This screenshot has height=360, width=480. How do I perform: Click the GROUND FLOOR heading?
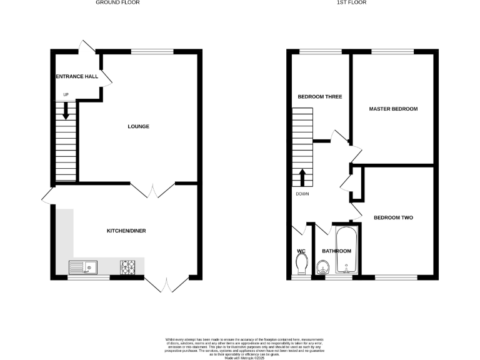pos(117,2)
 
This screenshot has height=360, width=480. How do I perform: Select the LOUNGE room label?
pos(138,127)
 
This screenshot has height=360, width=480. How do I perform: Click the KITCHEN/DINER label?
pos(126,231)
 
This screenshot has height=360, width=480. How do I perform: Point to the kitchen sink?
pos(82,268)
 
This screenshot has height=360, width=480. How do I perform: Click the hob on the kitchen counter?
pos(129,268)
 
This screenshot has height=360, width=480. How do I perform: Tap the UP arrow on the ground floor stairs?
pos(66,113)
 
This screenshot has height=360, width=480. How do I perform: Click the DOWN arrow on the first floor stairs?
pos(303,177)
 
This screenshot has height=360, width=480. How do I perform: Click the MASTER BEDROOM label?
pos(392,109)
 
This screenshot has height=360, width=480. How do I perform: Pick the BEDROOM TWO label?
pos(393,218)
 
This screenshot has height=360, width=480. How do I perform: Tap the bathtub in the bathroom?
pos(345,251)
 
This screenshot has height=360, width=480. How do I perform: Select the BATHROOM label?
pos(336,251)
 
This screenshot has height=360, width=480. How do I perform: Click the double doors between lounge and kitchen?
pos(154,190)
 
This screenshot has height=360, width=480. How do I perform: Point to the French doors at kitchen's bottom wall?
pos(159,284)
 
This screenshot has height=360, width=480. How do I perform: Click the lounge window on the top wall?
pos(152,51)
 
